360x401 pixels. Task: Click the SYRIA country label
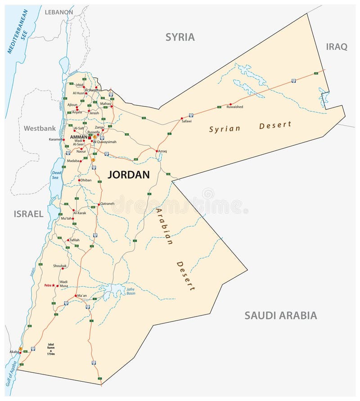pos(180,37)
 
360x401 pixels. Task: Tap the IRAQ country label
pos(337,47)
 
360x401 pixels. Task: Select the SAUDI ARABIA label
pos(280,315)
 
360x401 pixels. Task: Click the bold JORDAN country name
pos(129,175)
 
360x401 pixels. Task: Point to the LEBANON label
pos(58,12)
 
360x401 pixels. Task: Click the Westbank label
pos(40,128)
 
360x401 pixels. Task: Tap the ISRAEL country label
pos(28,214)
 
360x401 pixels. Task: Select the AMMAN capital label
pos(79,137)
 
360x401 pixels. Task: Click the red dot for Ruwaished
pos(230,104)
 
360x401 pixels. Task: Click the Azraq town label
pos(162,151)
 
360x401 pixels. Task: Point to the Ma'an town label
pos(82,296)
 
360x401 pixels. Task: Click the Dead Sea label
pos(56,175)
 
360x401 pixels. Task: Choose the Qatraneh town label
pos(107,203)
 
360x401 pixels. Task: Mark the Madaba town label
pos(73,161)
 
